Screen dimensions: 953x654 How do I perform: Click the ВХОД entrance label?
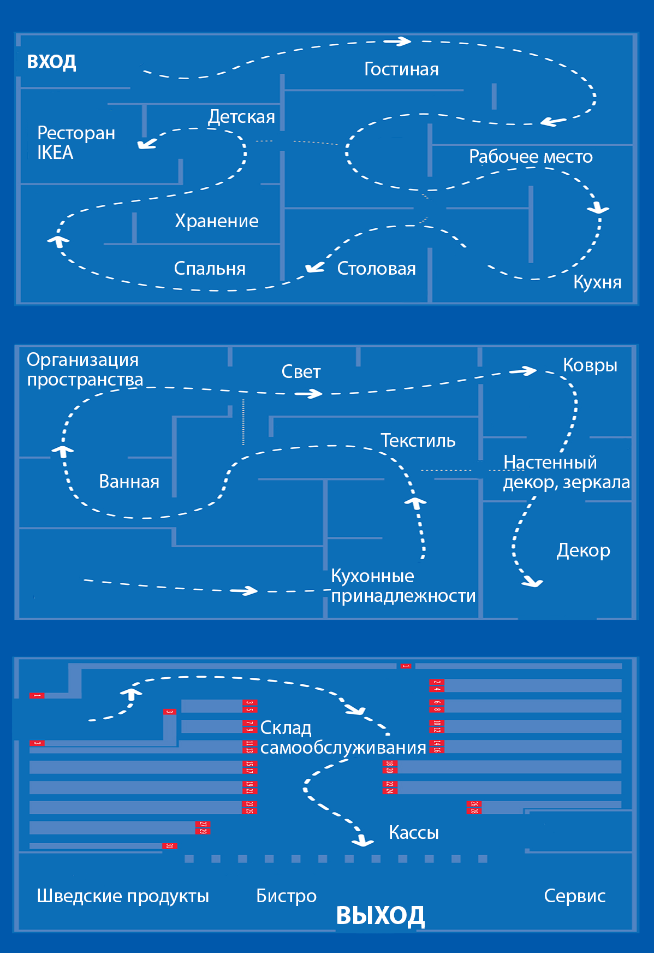[x=51, y=62]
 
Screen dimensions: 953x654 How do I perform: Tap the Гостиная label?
[x=401, y=69]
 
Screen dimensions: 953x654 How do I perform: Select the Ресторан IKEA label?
[x=75, y=143]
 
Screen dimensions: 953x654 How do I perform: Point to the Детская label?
[x=241, y=117]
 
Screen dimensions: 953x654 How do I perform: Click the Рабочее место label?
[x=531, y=157]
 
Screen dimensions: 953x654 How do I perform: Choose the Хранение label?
[x=217, y=221]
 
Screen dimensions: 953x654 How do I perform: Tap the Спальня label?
[x=210, y=268]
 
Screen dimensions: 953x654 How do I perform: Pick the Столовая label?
[x=376, y=268]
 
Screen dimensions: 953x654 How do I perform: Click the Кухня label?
[x=597, y=282]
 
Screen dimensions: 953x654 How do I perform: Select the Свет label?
[x=301, y=372]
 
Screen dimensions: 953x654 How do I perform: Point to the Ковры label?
[x=590, y=365]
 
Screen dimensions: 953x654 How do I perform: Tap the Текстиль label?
[x=418, y=440]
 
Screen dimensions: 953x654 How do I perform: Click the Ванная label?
[x=129, y=481]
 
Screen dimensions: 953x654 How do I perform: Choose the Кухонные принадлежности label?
[x=403, y=585]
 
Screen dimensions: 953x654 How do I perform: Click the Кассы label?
[x=413, y=832]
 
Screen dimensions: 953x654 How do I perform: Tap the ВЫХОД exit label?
[x=380, y=915]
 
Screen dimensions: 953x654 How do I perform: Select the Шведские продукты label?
[x=123, y=896]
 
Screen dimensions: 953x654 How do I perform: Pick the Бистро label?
[x=286, y=896]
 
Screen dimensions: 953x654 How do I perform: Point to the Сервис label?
[x=574, y=896]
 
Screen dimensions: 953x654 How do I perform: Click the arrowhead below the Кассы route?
[x=362, y=842]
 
